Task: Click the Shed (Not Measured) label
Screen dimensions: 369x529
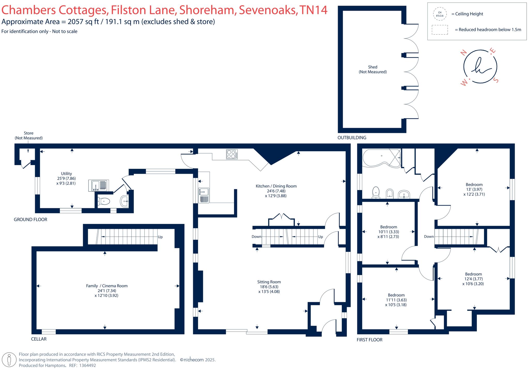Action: [x=372, y=69]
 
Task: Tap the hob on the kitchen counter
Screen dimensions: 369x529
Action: [x=232, y=154]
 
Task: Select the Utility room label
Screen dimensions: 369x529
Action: [x=66, y=178]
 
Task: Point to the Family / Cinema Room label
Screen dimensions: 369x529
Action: [x=107, y=291]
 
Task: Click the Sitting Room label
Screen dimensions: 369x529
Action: [x=269, y=287]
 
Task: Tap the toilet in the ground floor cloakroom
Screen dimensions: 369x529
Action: [x=104, y=201]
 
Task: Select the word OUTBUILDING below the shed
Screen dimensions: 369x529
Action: [x=352, y=138]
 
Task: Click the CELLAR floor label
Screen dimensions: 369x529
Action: [x=39, y=339]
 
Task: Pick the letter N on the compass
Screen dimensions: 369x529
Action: [x=464, y=53]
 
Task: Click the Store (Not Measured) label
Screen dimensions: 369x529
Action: [x=29, y=135]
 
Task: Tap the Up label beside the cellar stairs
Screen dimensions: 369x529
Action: [x=160, y=237]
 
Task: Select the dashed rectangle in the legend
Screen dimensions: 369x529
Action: [x=440, y=30]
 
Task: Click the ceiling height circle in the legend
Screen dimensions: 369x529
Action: [x=440, y=14]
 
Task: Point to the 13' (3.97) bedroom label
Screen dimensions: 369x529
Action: [x=474, y=189]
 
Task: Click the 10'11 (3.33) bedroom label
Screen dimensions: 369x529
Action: [x=388, y=232]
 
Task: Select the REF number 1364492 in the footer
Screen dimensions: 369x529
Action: [x=87, y=365]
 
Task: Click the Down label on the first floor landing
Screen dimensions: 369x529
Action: [x=429, y=236]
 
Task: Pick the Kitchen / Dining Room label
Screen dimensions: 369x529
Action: [x=276, y=191]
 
